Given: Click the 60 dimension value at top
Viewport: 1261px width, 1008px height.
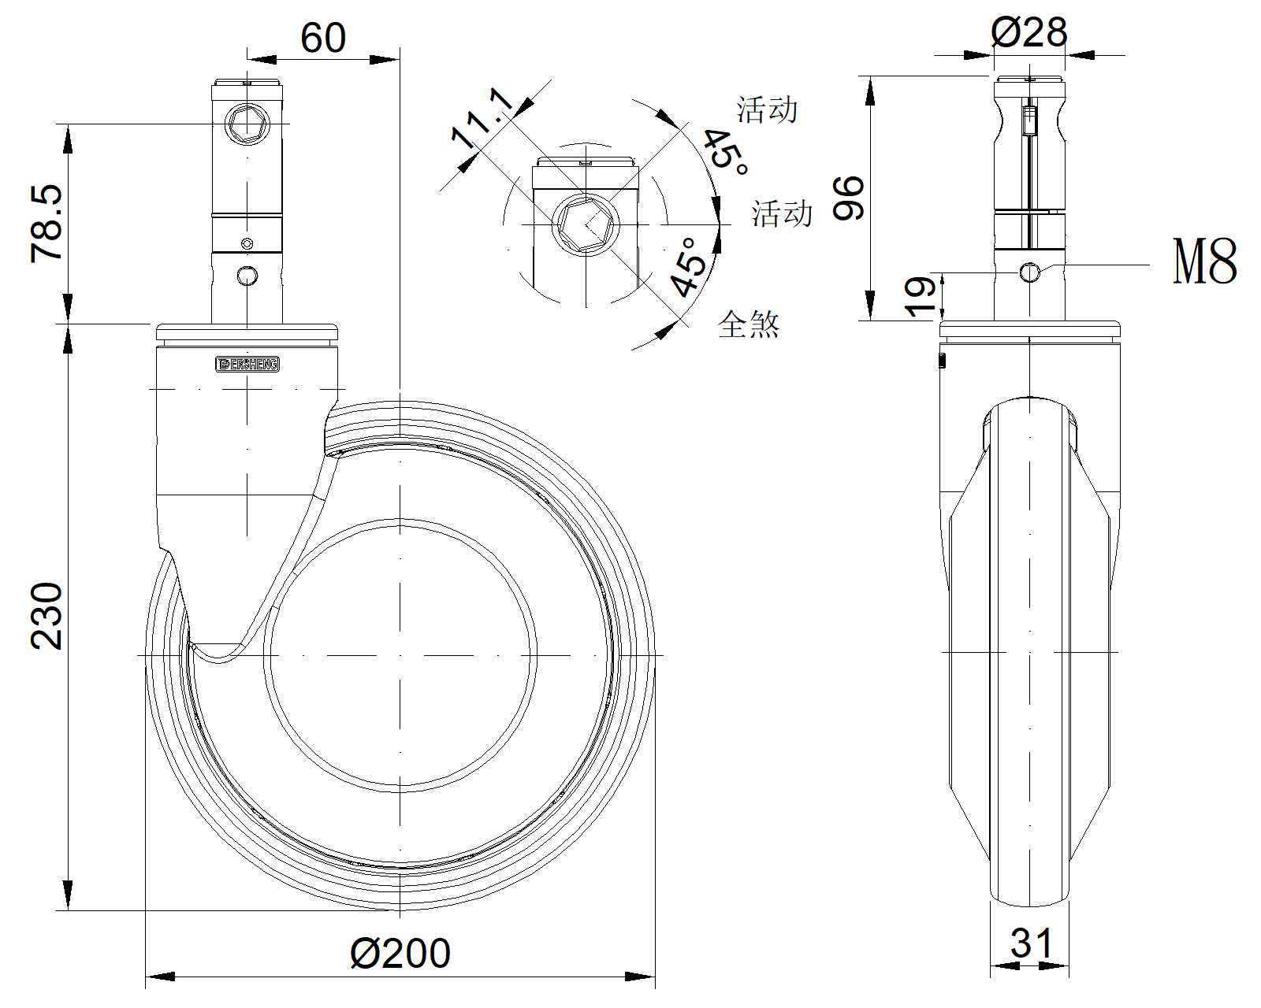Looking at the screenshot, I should click(323, 39).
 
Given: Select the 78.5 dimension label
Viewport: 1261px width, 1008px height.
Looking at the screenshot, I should click(47, 223).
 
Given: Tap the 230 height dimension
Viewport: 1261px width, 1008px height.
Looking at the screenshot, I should click(47, 616).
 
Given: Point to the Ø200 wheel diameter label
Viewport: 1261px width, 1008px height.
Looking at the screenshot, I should click(400, 954).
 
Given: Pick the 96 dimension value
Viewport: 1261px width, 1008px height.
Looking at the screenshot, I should click(850, 198).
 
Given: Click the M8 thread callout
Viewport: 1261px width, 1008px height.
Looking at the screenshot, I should click(1205, 261).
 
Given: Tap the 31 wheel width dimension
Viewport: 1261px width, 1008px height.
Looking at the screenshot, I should click(1031, 943).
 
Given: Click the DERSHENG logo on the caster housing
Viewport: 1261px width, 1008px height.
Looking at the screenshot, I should click(247, 364).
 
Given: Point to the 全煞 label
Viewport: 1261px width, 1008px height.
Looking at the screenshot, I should click(749, 324).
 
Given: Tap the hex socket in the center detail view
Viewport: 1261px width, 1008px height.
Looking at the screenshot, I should click(586, 224).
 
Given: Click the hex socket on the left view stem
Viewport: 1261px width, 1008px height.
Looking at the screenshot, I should click(247, 124).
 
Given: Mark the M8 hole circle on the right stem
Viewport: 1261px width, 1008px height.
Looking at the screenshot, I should click(1029, 272).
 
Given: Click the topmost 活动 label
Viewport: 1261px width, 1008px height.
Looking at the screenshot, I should click(767, 109).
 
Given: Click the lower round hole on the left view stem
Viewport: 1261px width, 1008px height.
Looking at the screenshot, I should click(247, 276).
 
